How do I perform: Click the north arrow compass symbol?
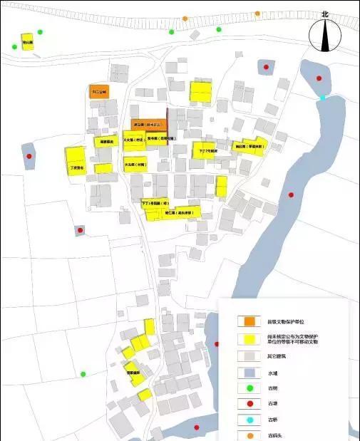click(325, 36)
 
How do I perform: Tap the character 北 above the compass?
click(325, 14)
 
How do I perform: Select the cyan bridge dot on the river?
click(323, 98)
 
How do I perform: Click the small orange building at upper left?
click(99, 91)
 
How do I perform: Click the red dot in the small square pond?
click(80, 231)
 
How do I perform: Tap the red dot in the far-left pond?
click(29, 157)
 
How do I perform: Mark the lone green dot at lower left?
click(83, 374)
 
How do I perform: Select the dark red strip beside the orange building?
click(168, 126)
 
